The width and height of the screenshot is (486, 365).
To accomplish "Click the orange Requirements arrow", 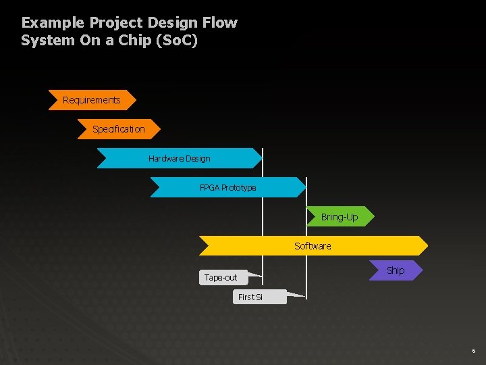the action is tap(92, 100).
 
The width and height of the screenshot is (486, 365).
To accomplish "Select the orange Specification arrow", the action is tap(119, 129).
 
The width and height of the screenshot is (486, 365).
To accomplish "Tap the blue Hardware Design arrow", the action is tap(179, 158).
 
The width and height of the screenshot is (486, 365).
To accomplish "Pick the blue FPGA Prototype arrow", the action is tap(227, 187).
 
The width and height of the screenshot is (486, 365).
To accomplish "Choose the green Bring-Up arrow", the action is tap(340, 217).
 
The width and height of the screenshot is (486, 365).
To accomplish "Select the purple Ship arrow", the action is tap(396, 270).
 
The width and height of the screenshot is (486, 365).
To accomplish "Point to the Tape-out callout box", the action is tap(221, 277).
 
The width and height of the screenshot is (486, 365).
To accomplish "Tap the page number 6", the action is tap(473, 351).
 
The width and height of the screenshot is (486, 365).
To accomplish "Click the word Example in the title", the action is tap(48, 23).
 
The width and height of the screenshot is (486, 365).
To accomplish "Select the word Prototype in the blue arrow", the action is tap(239, 187).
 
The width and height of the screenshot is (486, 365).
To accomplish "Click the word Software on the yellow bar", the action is tap(313, 246).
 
